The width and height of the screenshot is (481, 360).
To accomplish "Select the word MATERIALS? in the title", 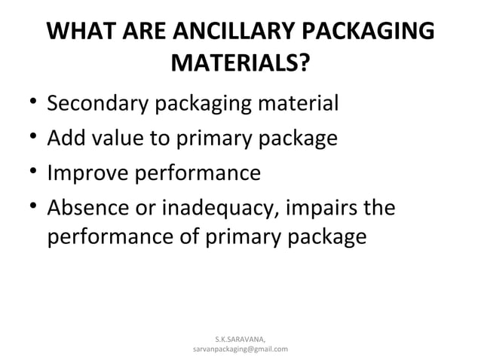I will (240, 66).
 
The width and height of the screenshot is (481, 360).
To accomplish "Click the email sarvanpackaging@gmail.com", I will (240, 349).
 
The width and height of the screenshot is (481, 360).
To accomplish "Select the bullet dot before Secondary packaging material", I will (26, 103).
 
